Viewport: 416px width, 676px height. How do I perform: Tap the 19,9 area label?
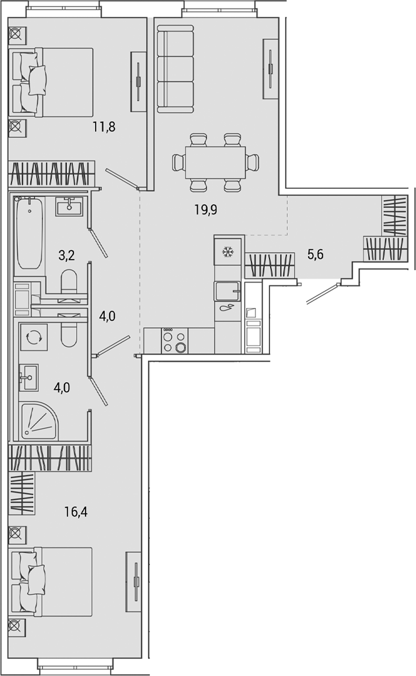click(205, 210)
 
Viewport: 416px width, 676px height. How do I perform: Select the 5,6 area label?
click(315, 255)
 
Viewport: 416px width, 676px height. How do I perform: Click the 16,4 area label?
click(76, 511)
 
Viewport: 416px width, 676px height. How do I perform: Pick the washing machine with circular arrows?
click(34, 337)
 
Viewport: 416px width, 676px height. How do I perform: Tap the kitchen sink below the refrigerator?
click(227, 290)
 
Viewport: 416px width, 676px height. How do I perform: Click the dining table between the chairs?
click(215, 163)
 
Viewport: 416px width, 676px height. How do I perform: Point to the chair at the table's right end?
click(253, 162)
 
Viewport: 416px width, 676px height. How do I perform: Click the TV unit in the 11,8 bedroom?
click(139, 81)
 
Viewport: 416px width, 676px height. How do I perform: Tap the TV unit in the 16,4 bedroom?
click(134, 582)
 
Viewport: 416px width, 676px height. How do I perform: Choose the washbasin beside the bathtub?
click(68, 206)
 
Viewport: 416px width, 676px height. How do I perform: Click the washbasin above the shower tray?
click(29, 377)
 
